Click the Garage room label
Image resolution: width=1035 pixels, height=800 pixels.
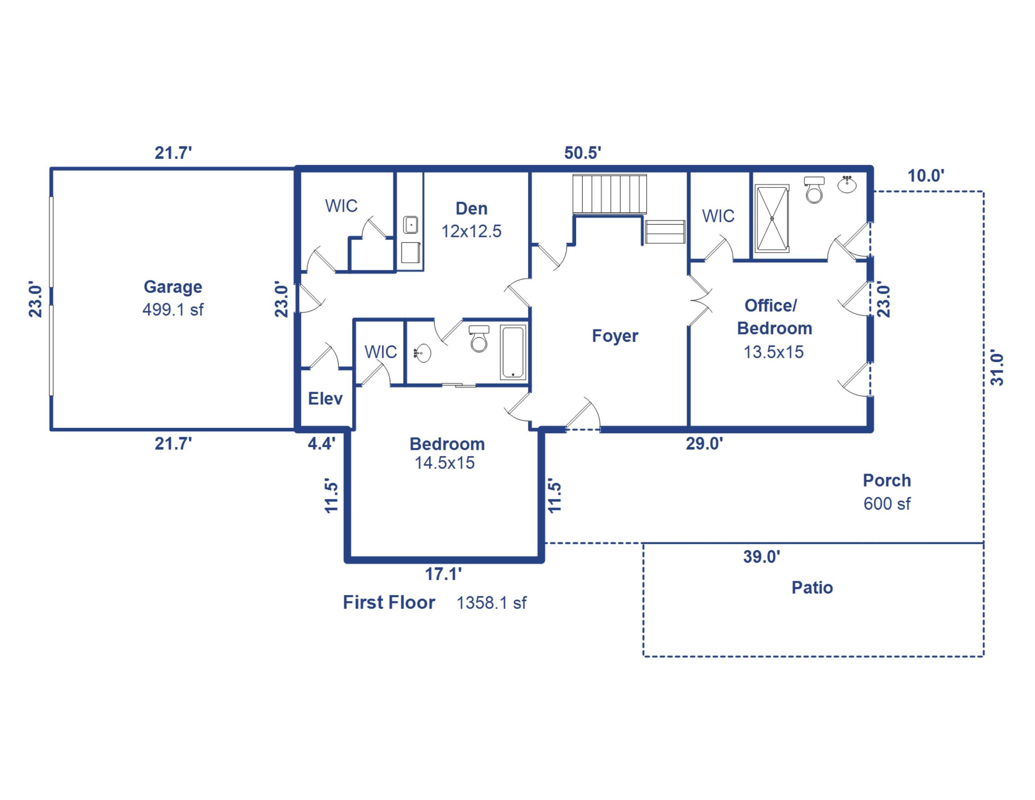pos(172,287)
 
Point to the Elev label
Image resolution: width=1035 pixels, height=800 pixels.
pos(325,399)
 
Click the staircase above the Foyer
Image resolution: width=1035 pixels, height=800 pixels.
pos(609,194)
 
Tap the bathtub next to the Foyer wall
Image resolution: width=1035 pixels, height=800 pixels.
pos(513,352)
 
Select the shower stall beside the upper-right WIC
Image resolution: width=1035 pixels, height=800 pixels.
pos(772,218)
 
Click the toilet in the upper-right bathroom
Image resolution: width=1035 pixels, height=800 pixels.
pos(814,191)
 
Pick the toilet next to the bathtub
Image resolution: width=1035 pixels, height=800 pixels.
pos(479,339)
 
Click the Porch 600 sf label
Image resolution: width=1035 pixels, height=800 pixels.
pos(887,491)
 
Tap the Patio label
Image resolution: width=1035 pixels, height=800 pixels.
pos(812,588)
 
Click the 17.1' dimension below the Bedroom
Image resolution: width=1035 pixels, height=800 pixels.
pos(443,574)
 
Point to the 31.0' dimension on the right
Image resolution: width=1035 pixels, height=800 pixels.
pos(997,369)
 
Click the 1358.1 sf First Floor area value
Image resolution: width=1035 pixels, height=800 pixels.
pos(491,603)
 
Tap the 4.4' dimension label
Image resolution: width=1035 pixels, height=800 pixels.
pos(321,443)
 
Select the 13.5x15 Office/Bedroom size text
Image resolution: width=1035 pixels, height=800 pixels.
pos(773,352)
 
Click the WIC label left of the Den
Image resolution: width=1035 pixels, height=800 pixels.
pos(341,206)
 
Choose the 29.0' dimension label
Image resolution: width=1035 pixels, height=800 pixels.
pos(704,443)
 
